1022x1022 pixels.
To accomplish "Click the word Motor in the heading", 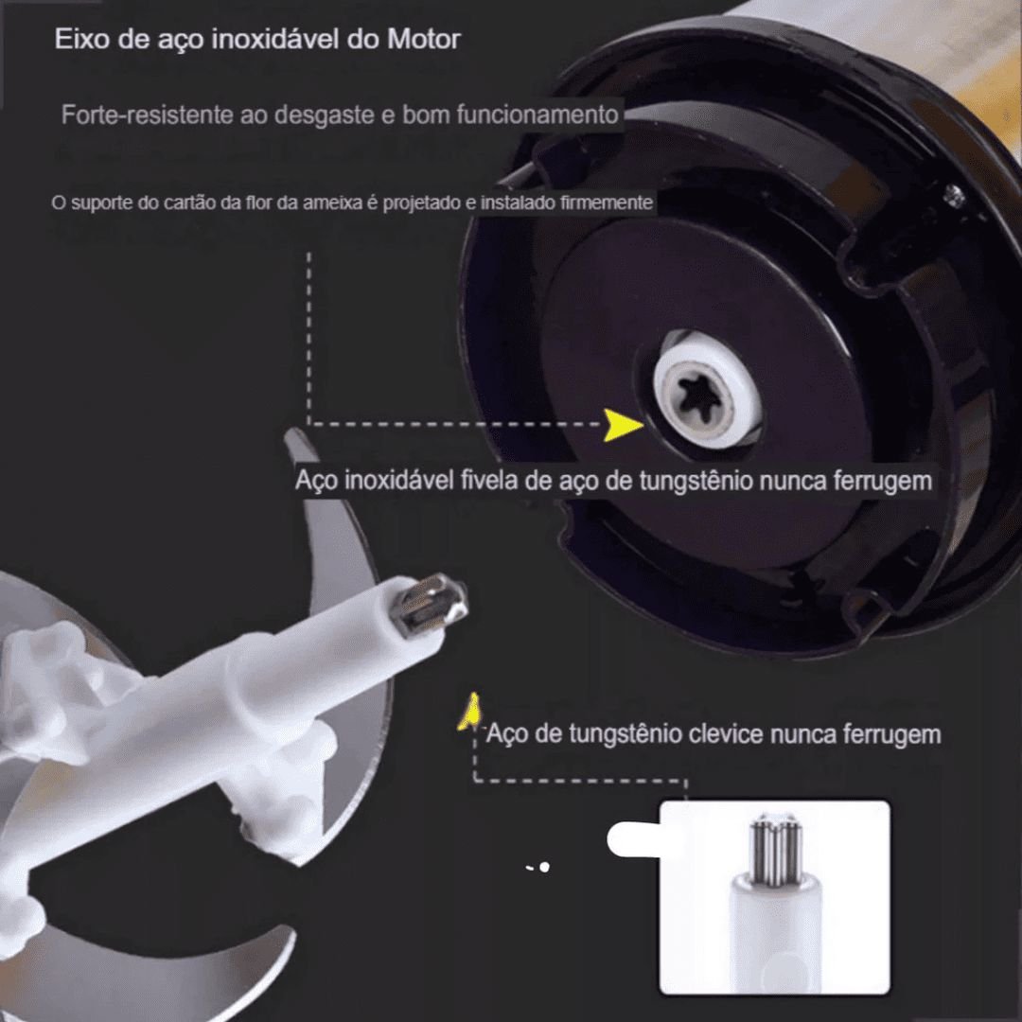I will (423, 40).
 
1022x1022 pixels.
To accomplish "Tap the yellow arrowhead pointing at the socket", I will (624, 426).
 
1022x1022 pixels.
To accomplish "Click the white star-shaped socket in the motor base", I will (707, 389).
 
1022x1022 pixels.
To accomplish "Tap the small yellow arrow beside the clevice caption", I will (468, 711).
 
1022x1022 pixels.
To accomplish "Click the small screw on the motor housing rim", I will (953, 196).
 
